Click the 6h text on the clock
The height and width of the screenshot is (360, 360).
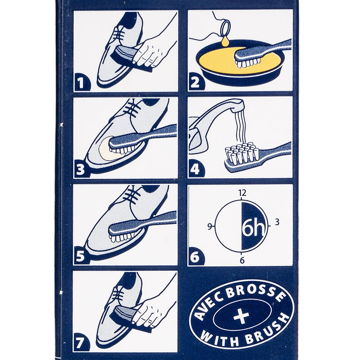point(253,229)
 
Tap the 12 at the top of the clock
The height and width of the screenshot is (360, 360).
point(242,193)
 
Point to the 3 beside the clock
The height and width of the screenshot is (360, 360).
point(277,222)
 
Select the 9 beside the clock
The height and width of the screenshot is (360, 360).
point(210,226)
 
